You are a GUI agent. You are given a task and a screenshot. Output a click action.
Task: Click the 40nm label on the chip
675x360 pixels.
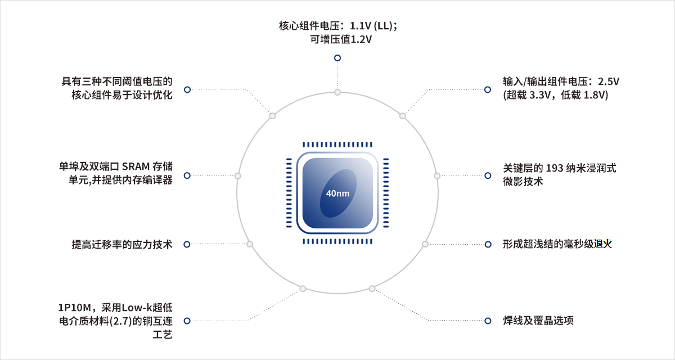(x=338, y=193)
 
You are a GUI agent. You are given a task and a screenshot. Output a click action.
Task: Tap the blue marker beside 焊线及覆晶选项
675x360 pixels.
(x=488, y=321)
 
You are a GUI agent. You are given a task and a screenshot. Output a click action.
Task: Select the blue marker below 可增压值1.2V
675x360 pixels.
(x=337, y=58)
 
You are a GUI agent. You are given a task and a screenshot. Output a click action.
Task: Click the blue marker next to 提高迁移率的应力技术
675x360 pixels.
(x=187, y=244)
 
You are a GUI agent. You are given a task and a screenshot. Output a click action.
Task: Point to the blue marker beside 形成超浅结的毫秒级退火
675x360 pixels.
(x=488, y=244)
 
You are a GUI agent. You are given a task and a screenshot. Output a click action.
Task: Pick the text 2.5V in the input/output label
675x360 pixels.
(x=609, y=82)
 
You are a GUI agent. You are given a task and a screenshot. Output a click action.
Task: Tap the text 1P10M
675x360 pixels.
(x=74, y=308)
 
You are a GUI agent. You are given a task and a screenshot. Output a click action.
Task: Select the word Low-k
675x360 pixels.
(x=137, y=308)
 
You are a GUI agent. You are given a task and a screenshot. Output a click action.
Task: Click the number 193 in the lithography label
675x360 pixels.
(x=555, y=168)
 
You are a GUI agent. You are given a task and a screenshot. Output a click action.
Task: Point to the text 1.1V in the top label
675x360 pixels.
(x=361, y=26)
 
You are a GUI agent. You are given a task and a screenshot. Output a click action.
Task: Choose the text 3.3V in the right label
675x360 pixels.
(x=540, y=95)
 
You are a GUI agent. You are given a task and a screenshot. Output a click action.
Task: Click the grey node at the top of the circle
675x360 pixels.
(x=337, y=92)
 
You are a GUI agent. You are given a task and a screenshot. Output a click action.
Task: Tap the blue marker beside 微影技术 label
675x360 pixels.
(x=488, y=175)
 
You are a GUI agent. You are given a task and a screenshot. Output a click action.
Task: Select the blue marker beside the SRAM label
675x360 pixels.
(x=187, y=175)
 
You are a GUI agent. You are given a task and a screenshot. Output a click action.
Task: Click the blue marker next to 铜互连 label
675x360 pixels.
(x=187, y=321)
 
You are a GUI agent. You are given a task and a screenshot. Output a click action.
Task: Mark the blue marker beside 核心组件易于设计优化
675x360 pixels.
(x=187, y=89)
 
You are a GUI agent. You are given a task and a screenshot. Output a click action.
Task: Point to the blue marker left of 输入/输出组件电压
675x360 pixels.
(x=488, y=89)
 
